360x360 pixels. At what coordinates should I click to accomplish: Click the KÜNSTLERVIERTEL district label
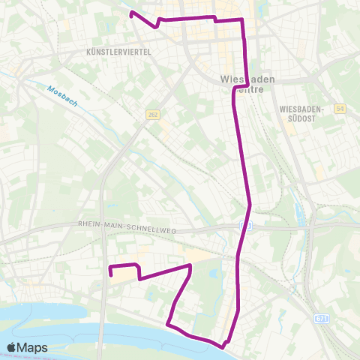click(119, 52)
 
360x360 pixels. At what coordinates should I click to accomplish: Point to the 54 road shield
click(340, 109)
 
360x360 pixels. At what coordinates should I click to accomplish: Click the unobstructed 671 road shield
click(322, 319)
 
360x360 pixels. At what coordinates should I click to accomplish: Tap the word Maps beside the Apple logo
click(34, 347)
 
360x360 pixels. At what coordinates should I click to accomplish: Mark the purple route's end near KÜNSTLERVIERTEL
click(132, 13)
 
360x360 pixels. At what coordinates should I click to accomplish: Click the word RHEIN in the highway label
click(90, 223)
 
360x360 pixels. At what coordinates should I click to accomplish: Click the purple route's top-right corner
click(241, 19)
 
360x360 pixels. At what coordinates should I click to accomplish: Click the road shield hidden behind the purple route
click(246, 224)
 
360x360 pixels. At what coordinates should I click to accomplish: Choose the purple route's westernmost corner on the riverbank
click(167, 325)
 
